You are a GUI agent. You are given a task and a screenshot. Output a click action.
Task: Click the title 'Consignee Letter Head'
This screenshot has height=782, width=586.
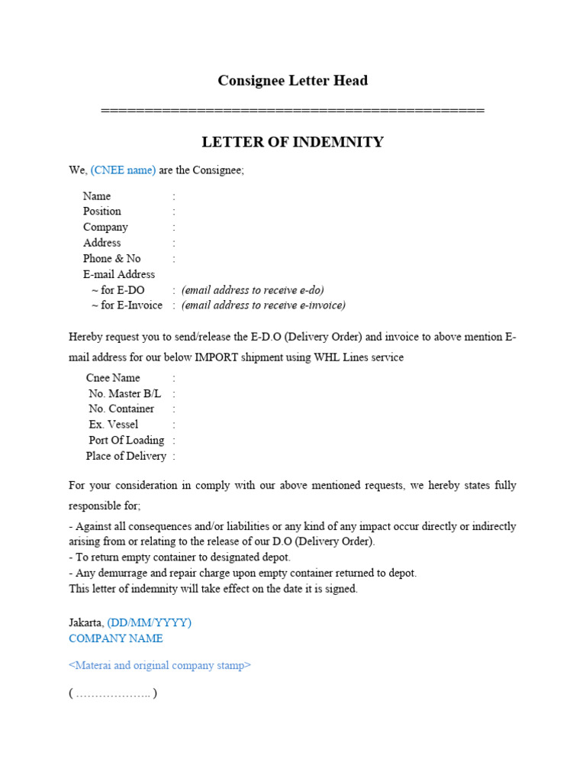point(293,80)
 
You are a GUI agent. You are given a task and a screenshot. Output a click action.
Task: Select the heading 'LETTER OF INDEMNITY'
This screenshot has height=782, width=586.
point(292,142)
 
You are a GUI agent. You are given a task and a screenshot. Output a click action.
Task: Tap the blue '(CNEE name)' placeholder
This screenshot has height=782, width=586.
point(123,170)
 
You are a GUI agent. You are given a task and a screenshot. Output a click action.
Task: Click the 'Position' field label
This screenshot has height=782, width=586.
point(102,212)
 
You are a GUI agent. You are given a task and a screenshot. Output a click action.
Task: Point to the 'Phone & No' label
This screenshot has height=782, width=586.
point(112,259)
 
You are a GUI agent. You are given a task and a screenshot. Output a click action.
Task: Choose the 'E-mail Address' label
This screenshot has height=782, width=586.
point(119,274)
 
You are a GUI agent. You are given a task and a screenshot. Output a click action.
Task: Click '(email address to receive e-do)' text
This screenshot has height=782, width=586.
point(253,290)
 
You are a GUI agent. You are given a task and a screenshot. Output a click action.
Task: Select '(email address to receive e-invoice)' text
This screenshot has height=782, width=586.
point(263,305)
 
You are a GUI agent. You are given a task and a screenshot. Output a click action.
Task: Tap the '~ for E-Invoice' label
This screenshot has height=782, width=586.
point(127,305)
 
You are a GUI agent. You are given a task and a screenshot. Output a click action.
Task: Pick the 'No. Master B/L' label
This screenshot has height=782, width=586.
point(125,394)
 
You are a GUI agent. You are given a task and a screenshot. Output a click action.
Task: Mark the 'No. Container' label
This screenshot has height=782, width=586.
point(121,409)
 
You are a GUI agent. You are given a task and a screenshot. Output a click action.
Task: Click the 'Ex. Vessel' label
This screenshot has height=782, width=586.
point(114,425)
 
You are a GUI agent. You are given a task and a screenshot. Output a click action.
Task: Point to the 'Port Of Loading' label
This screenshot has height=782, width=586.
point(127,441)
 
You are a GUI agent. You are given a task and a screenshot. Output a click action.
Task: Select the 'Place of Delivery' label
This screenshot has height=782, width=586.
point(126,456)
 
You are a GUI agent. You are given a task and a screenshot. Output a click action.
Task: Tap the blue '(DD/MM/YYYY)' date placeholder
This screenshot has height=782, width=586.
point(150,622)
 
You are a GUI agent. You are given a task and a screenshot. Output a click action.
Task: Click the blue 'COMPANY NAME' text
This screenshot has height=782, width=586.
point(116,638)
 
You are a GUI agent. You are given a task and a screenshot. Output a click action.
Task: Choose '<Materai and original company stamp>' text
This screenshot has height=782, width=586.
point(159,665)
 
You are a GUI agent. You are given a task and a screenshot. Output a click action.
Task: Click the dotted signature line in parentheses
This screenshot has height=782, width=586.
point(113,694)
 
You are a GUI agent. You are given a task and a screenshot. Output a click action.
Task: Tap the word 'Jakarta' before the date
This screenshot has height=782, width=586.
point(85,622)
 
